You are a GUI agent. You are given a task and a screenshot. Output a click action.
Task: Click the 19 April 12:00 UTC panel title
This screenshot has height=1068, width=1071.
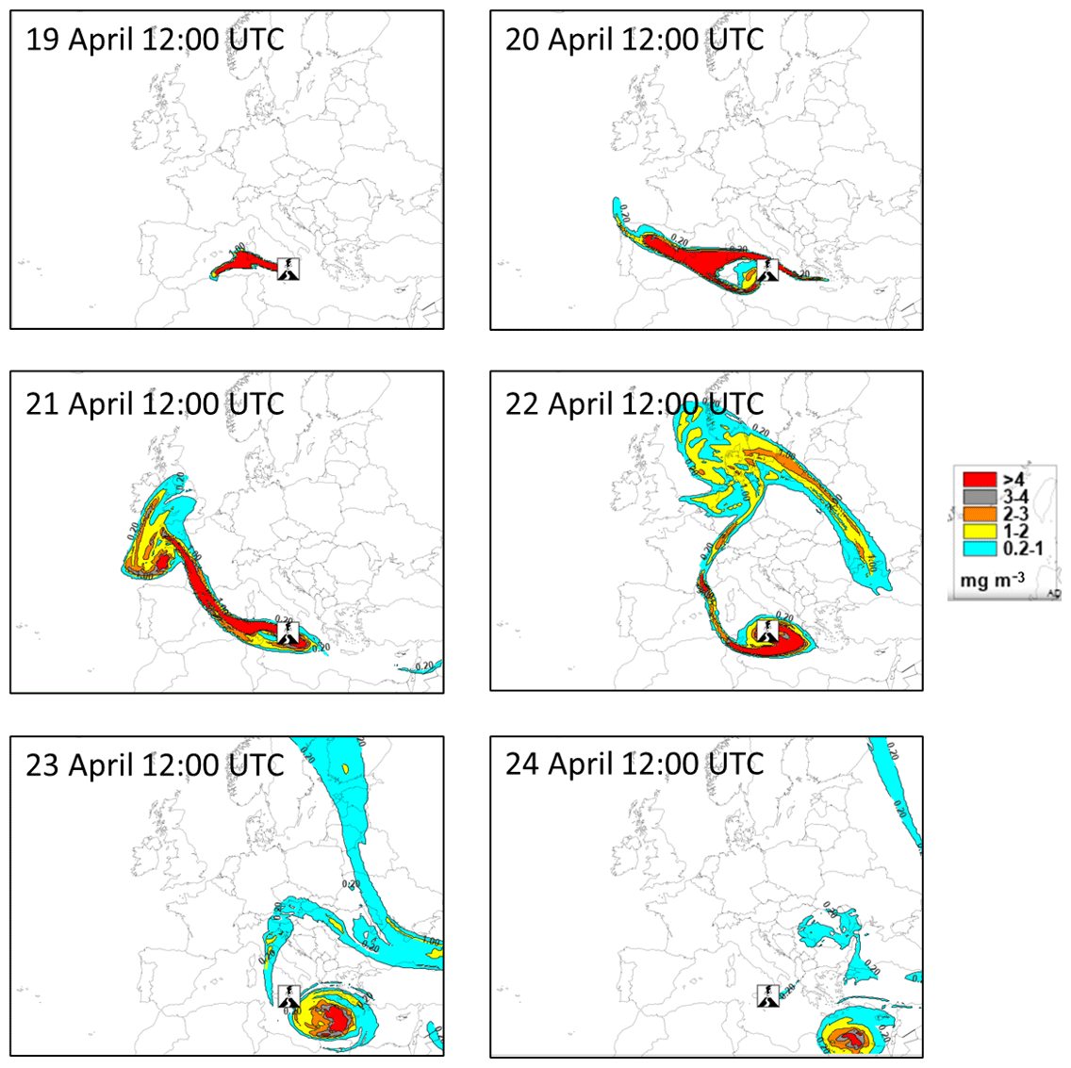click(155, 41)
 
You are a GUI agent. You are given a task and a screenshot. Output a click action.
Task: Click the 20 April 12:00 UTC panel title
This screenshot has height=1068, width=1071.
click(634, 41)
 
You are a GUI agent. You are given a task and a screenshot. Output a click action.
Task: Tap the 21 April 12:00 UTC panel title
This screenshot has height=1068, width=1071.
click(155, 404)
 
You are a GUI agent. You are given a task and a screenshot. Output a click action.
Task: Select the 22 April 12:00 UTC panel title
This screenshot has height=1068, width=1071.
click(634, 404)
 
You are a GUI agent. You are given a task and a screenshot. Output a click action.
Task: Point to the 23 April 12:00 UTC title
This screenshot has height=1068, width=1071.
click(155, 764)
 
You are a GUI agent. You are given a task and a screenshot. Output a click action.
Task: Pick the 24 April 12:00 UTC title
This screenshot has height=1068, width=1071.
click(634, 764)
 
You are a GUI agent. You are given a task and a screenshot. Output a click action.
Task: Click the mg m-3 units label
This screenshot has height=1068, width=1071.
click(992, 580)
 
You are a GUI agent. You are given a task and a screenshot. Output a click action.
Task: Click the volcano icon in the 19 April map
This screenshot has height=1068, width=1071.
click(288, 269)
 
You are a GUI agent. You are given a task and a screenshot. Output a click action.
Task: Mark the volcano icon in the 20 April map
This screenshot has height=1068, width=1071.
click(768, 269)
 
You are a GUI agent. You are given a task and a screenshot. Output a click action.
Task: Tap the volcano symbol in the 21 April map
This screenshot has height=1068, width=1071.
click(288, 633)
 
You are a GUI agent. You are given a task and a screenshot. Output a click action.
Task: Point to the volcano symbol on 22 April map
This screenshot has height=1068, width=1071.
click(768, 633)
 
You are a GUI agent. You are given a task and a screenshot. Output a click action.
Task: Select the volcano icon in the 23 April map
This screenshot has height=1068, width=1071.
click(288, 996)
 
